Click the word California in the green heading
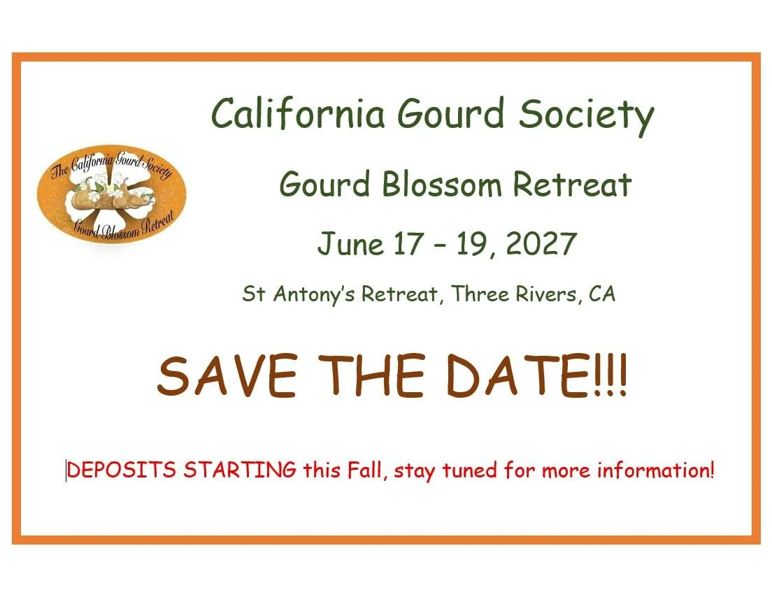[x=298, y=113]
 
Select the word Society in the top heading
[x=586, y=115]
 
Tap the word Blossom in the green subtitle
[x=442, y=185]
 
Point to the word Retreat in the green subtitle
[x=572, y=185]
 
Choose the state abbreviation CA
[x=602, y=294]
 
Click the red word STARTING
[x=240, y=470]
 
